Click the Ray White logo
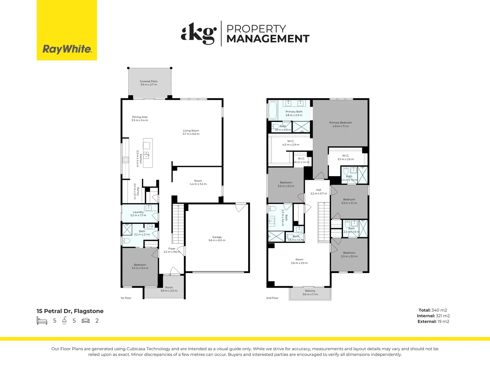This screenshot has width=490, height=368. click(67, 30)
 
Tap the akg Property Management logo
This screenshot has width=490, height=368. click(245, 33)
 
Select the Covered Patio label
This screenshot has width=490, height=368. click(149, 83)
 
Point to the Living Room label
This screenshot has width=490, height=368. click(191, 132)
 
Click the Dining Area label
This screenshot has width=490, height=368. click(140, 119)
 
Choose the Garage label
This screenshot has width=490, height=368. click(217, 239)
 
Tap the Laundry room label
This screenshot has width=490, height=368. click(138, 214)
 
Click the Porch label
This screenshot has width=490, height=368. click(169, 289)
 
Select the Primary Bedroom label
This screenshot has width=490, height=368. click(340, 124)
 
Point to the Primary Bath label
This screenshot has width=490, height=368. click(294, 113)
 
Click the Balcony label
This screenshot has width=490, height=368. click(310, 292)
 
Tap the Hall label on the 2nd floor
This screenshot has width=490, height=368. click(318, 191)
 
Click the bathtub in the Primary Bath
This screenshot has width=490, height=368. click(273, 110)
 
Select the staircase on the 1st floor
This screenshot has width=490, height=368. click(178, 224)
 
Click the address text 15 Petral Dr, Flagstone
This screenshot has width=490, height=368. click(70, 311)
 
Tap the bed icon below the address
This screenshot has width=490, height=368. click(42, 321)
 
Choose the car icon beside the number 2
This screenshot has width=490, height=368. click(86, 321)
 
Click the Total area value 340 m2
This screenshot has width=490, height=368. click(439, 310)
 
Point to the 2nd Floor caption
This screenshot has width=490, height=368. click(272, 298)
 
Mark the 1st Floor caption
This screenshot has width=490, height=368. click(126, 298)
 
